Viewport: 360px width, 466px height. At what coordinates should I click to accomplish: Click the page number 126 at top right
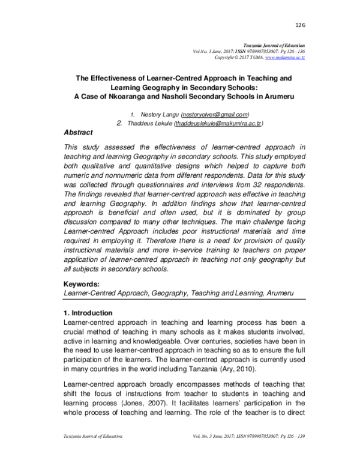click(x=301, y=25)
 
